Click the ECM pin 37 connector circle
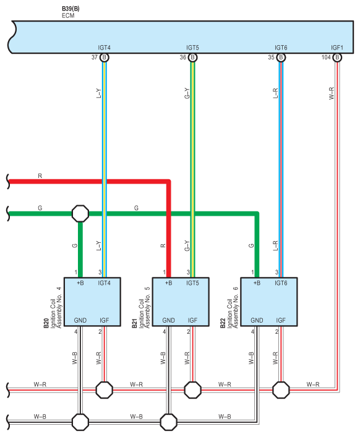click(x=105, y=57)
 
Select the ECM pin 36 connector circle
click(x=192, y=57)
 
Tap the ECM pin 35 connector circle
click(x=281, y=57)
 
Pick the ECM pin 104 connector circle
click(x=337, y=57)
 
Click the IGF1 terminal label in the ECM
click(x=337, y=48)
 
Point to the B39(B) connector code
click(x=71, y=9)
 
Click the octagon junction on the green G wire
click(x=80, y=213)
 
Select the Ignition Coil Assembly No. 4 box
click(x=92, y=302)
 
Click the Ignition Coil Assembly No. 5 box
click(x=181, y=302)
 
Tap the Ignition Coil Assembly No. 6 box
click(x=269, y=302)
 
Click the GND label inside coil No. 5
click(x=168, y=321)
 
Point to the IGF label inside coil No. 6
click(x=281, y=321)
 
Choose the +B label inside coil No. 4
click(x=80, y=283)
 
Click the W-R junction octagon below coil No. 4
click(x=105, y=389)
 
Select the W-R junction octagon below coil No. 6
click(x=281, y=389)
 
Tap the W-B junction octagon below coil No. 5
click(x=168, y=422)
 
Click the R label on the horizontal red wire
click(x=40, y=176)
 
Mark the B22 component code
click(x=223, y=323)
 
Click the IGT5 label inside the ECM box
click(x=192, y=48)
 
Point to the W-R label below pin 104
click(x=332, y=93)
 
